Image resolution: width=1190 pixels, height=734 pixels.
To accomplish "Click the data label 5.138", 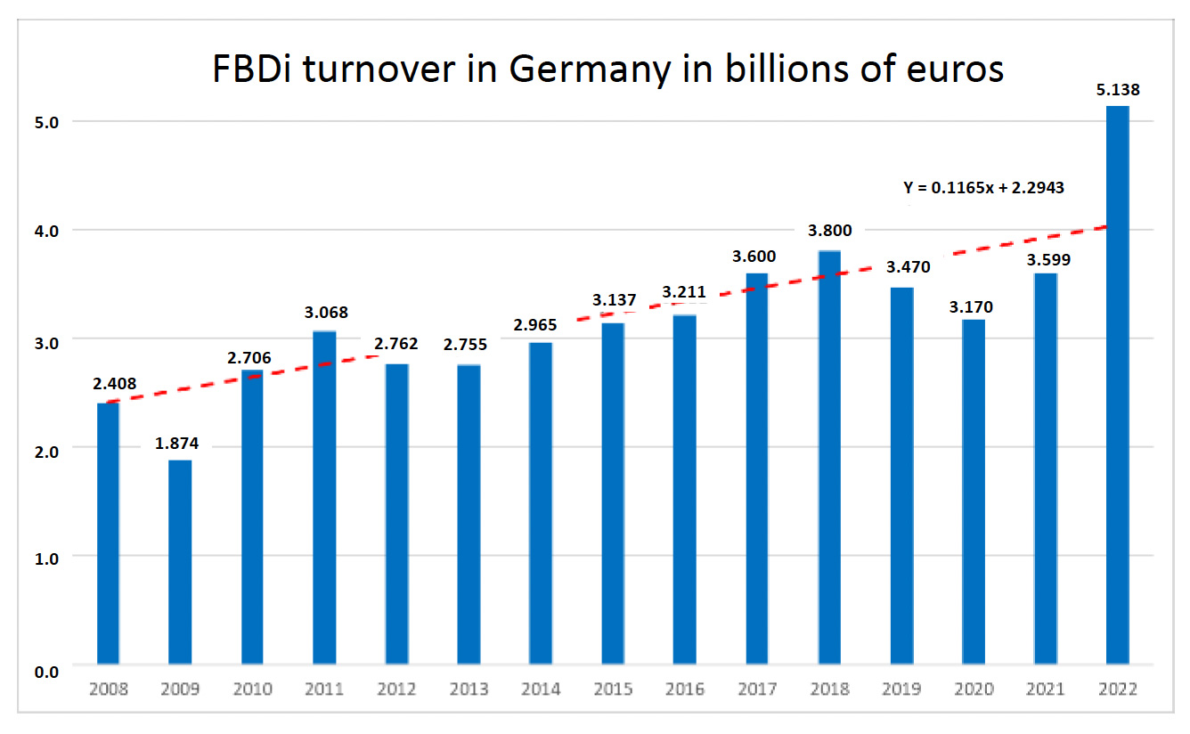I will click(x=1118, y=89).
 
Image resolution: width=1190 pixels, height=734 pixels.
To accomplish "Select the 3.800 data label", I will click(x=829, y=231).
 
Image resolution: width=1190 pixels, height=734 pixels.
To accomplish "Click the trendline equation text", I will click(x=984, y=188).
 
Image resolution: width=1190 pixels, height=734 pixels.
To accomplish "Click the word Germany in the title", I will click(x=587, y=70).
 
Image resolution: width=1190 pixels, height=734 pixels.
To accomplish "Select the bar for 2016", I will click(x=685, y=489).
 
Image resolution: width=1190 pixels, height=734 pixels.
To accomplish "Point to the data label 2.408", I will click(x=114, y=384).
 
